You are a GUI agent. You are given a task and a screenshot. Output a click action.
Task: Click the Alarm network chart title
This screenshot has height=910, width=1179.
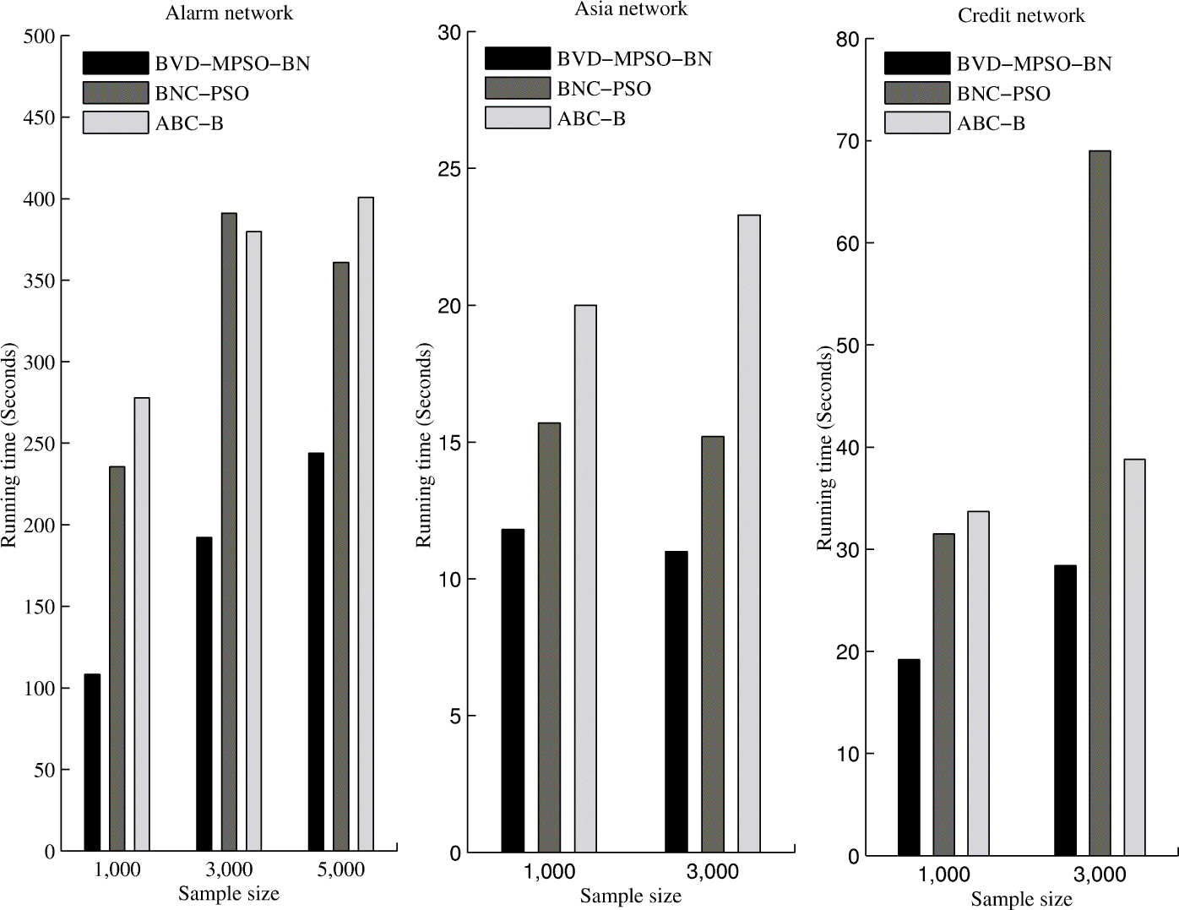pos(229,13)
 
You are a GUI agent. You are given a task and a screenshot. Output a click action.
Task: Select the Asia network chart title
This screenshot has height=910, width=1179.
pos(631,9)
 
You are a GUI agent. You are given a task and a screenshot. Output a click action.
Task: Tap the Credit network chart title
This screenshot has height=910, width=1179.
pos(1021,15)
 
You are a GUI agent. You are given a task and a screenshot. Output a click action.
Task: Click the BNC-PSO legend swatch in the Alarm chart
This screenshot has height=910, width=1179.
pos(116,92)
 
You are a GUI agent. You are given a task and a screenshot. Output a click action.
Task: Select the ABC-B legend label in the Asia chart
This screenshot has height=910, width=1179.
pos(591,119)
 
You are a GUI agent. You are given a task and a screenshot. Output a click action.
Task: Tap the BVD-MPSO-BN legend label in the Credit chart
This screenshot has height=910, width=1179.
pos(1034,64)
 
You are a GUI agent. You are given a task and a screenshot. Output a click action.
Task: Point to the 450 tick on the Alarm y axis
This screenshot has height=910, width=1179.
pos(39,117)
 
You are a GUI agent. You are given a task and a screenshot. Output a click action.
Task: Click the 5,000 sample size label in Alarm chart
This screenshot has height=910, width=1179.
pos(340,870)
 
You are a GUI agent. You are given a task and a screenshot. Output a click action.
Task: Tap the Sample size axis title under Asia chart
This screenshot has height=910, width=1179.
pos(630,896)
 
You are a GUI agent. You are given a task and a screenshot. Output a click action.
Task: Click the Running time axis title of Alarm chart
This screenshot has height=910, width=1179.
pos(9,444)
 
